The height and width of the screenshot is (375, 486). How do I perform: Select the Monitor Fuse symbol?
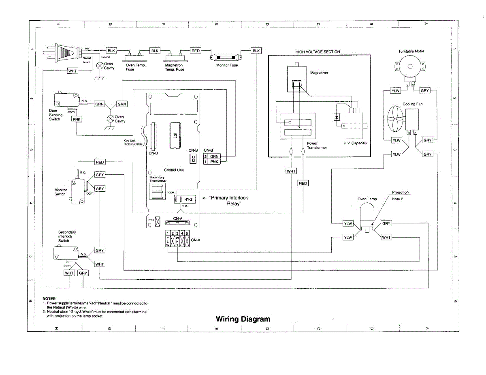(226, 57)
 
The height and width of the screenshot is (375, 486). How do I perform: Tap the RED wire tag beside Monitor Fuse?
(196, 51)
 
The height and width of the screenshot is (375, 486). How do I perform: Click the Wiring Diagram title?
(243, 319)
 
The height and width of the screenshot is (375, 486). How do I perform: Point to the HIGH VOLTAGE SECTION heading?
(318, 52)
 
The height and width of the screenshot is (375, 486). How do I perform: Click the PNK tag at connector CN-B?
(214, 162)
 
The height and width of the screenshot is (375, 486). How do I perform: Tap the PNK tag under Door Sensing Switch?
(77, 119)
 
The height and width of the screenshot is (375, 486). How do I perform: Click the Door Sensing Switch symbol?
(65, 101)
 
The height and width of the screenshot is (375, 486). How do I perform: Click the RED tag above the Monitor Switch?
(100, 162)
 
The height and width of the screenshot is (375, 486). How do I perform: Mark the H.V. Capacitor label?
(355, 143)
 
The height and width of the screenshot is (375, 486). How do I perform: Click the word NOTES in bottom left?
(49, 299)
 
